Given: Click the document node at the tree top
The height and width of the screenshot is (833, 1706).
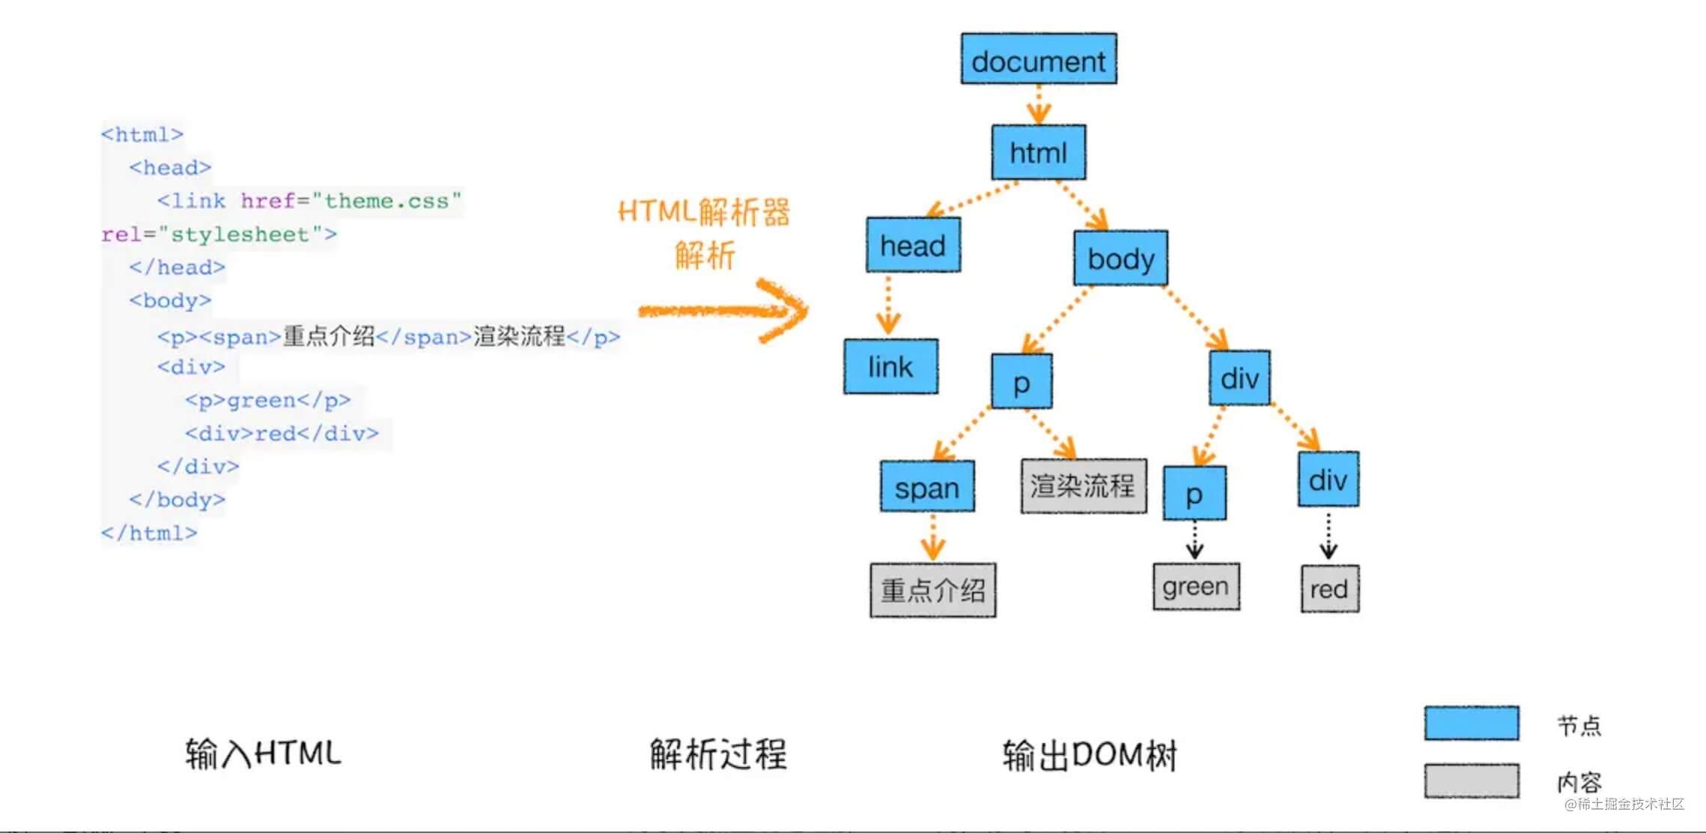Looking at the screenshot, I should pyautogui.click(x=1039, y=59).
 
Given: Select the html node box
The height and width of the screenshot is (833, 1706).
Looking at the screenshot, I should pyautogui.click(x=1038, y=153).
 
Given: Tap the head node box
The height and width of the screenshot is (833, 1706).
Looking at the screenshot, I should pyautogui.click(x=913, y=245).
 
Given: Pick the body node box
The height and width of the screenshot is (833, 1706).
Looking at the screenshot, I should pyautogui.click(x=1120, y=258).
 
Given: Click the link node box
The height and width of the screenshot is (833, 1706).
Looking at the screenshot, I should pyautogui.click(x=890, y=366).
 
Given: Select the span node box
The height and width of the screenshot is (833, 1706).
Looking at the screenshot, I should pyautogui.click(x=927, y=487).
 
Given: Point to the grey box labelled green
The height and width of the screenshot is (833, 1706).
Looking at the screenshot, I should pyautogui.click(x=1196, y=587).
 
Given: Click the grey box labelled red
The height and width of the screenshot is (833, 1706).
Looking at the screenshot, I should pyautogui.click(x=1329, y=589).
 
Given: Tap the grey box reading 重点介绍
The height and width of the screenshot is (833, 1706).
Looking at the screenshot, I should pyautogui.click(x=932, y=590).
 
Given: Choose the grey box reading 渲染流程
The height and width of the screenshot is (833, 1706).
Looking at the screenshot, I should pyautogui.click(x=1083, y=486).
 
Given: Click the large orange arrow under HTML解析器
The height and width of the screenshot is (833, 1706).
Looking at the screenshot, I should pyautogui.click(x=723, y=310).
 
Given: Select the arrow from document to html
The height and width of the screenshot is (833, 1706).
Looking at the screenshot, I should pyautogui.click(x=1039, y=104).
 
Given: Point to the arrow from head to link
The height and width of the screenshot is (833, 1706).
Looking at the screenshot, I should pyautogui.click(x=888, y=304).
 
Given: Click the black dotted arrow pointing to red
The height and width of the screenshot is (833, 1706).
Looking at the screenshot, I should pyautogui.click(x=1329, y=536).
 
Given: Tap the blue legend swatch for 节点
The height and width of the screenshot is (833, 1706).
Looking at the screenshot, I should pyautogui.click(x=1471, y=723).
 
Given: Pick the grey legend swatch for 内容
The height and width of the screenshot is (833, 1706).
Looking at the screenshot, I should pyautogui.click(x=1471, y=781).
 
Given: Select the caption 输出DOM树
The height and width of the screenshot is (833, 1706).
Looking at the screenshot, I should pyautogui.click(x=1090, y=755).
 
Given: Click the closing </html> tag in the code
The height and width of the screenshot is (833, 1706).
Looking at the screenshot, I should pyautogui.click(x=149, y=533).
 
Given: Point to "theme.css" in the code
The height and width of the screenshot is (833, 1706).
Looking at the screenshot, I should pyautogui.click(x=386, y=201).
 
